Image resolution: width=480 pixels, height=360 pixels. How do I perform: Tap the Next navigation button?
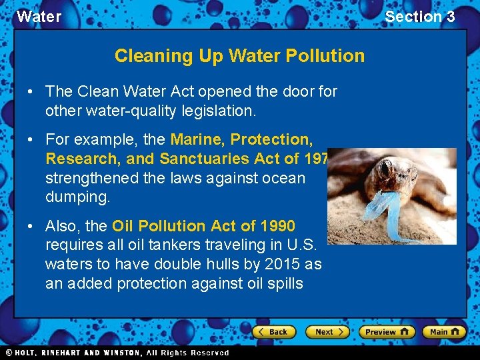pyautogui.click(x=327, y=331)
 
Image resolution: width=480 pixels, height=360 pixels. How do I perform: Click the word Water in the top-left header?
pyautogui.click(x=39, y=17)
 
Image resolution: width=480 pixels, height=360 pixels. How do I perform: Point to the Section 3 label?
pyautogui.click(x=420, y=17)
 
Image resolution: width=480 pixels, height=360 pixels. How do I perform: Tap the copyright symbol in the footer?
pyautogui.click(x=9, y=353)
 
